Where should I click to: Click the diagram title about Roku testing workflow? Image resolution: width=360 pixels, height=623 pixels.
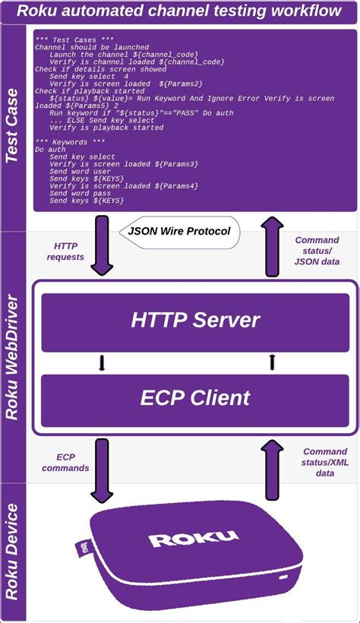point(180,11)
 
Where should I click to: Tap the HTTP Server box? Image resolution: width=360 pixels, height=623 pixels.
point(195,319)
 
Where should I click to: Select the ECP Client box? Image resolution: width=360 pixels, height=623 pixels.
point(195,397)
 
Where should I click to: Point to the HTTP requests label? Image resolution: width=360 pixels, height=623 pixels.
point(70,251)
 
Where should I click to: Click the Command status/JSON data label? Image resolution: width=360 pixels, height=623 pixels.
point(317,251)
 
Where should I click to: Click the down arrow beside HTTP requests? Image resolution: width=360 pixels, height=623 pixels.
point(102,245)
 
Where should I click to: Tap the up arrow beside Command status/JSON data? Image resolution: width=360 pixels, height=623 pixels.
point(271,245)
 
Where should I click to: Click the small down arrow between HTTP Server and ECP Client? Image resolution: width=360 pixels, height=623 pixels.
point(102,363)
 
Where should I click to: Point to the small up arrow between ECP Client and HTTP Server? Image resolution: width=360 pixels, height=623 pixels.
point(271,363)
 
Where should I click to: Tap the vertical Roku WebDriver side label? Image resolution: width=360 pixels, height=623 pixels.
point(13,357)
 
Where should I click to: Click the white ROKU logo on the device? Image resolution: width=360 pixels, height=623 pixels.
point(194,539)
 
